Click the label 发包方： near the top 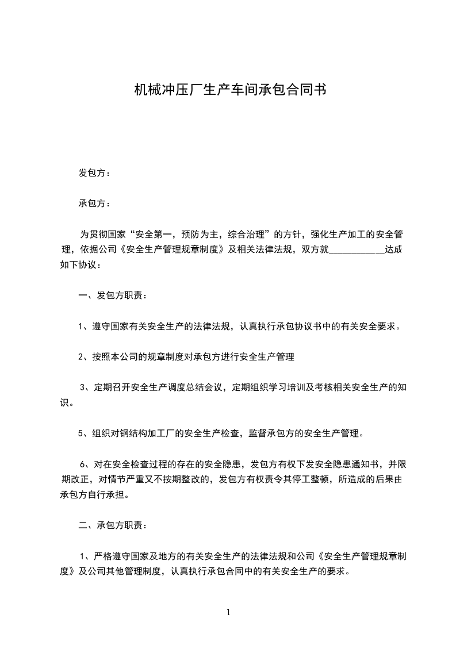(x=94, y=173)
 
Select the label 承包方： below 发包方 (x=94, y=204)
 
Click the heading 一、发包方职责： (x=112, y=295)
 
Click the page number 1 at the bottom (x=228, y=612)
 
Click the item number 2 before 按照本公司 (x=81, y=357)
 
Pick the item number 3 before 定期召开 (x=83, y=387)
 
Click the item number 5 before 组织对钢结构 (x=81, y=433)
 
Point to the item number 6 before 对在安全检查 (x=83, y=464)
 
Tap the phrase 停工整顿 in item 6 (x=314, y=479)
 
